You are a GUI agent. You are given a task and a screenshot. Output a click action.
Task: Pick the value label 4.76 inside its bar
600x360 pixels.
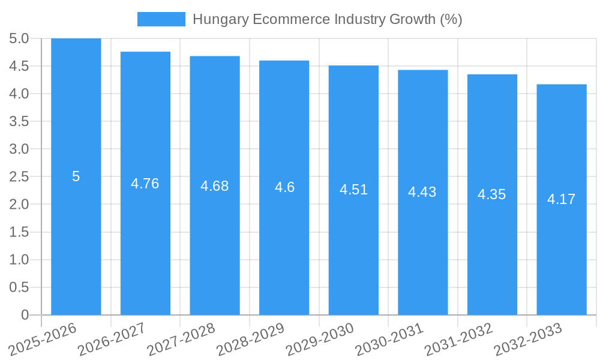145,184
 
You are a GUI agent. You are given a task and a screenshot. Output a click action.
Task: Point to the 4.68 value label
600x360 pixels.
215,186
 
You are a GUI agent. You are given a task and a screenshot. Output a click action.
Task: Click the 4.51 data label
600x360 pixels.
353,190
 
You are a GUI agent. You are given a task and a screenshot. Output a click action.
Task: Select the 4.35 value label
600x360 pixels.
492,194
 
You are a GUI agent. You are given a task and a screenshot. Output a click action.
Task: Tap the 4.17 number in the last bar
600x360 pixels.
562,199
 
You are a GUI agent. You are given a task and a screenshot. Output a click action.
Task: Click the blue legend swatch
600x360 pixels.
161,19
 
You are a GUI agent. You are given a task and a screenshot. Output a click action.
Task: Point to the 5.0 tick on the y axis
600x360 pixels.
19,39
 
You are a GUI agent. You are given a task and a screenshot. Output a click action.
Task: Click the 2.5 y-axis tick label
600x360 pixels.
19,177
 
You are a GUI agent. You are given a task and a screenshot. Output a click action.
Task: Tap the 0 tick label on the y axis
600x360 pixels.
25,315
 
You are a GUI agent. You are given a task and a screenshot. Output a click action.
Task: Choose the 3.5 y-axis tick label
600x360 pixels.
19,122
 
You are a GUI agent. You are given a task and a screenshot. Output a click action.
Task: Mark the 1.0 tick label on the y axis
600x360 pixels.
19,260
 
